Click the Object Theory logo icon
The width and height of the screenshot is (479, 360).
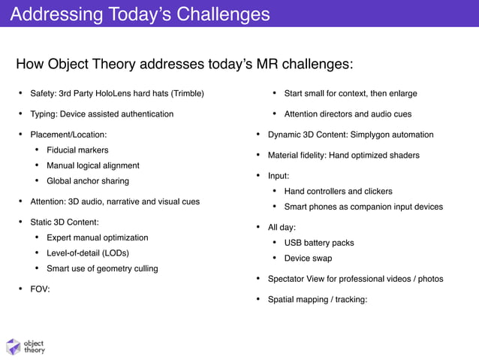click(x=13, y=346)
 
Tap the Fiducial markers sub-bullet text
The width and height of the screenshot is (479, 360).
click(x=77, y=150)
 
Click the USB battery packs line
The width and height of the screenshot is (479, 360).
click(x=318, y=243)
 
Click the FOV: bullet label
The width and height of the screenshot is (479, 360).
click(x=40, y=289)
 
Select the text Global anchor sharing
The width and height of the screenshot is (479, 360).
click(x=87, y=181)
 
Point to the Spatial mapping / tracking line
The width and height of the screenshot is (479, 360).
click(x=318, y=300)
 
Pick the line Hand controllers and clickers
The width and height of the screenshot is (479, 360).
click(x=338, y=192)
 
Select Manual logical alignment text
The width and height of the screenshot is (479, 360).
click(x=92, y=165)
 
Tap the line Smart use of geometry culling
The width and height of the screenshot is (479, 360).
click(x=102, y=268)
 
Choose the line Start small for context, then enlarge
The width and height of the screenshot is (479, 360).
click(x=350, y=94)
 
